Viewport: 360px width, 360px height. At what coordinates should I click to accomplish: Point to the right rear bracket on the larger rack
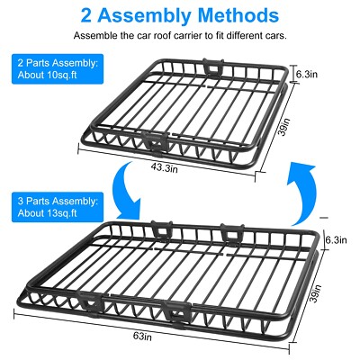pyautogui.click(x=229, y=230)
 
